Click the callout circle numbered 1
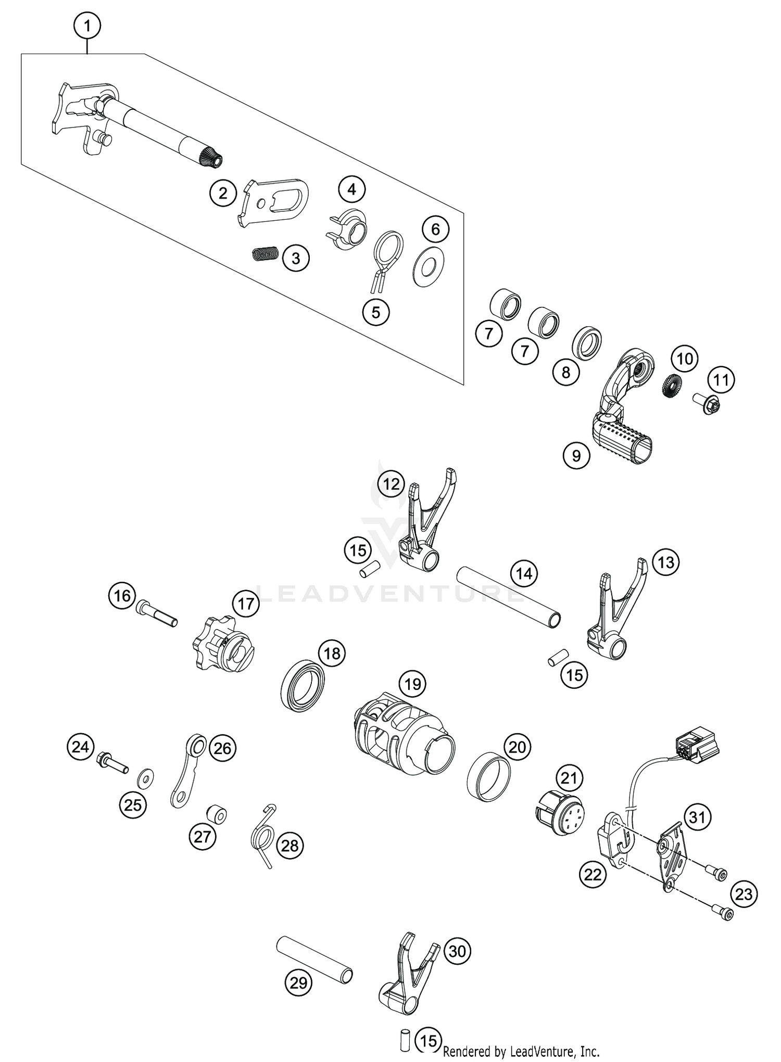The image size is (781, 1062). (x=87, y=25)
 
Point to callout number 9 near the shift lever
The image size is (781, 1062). (x=576, y=455)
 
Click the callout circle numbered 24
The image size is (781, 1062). (x=80, y=748)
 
